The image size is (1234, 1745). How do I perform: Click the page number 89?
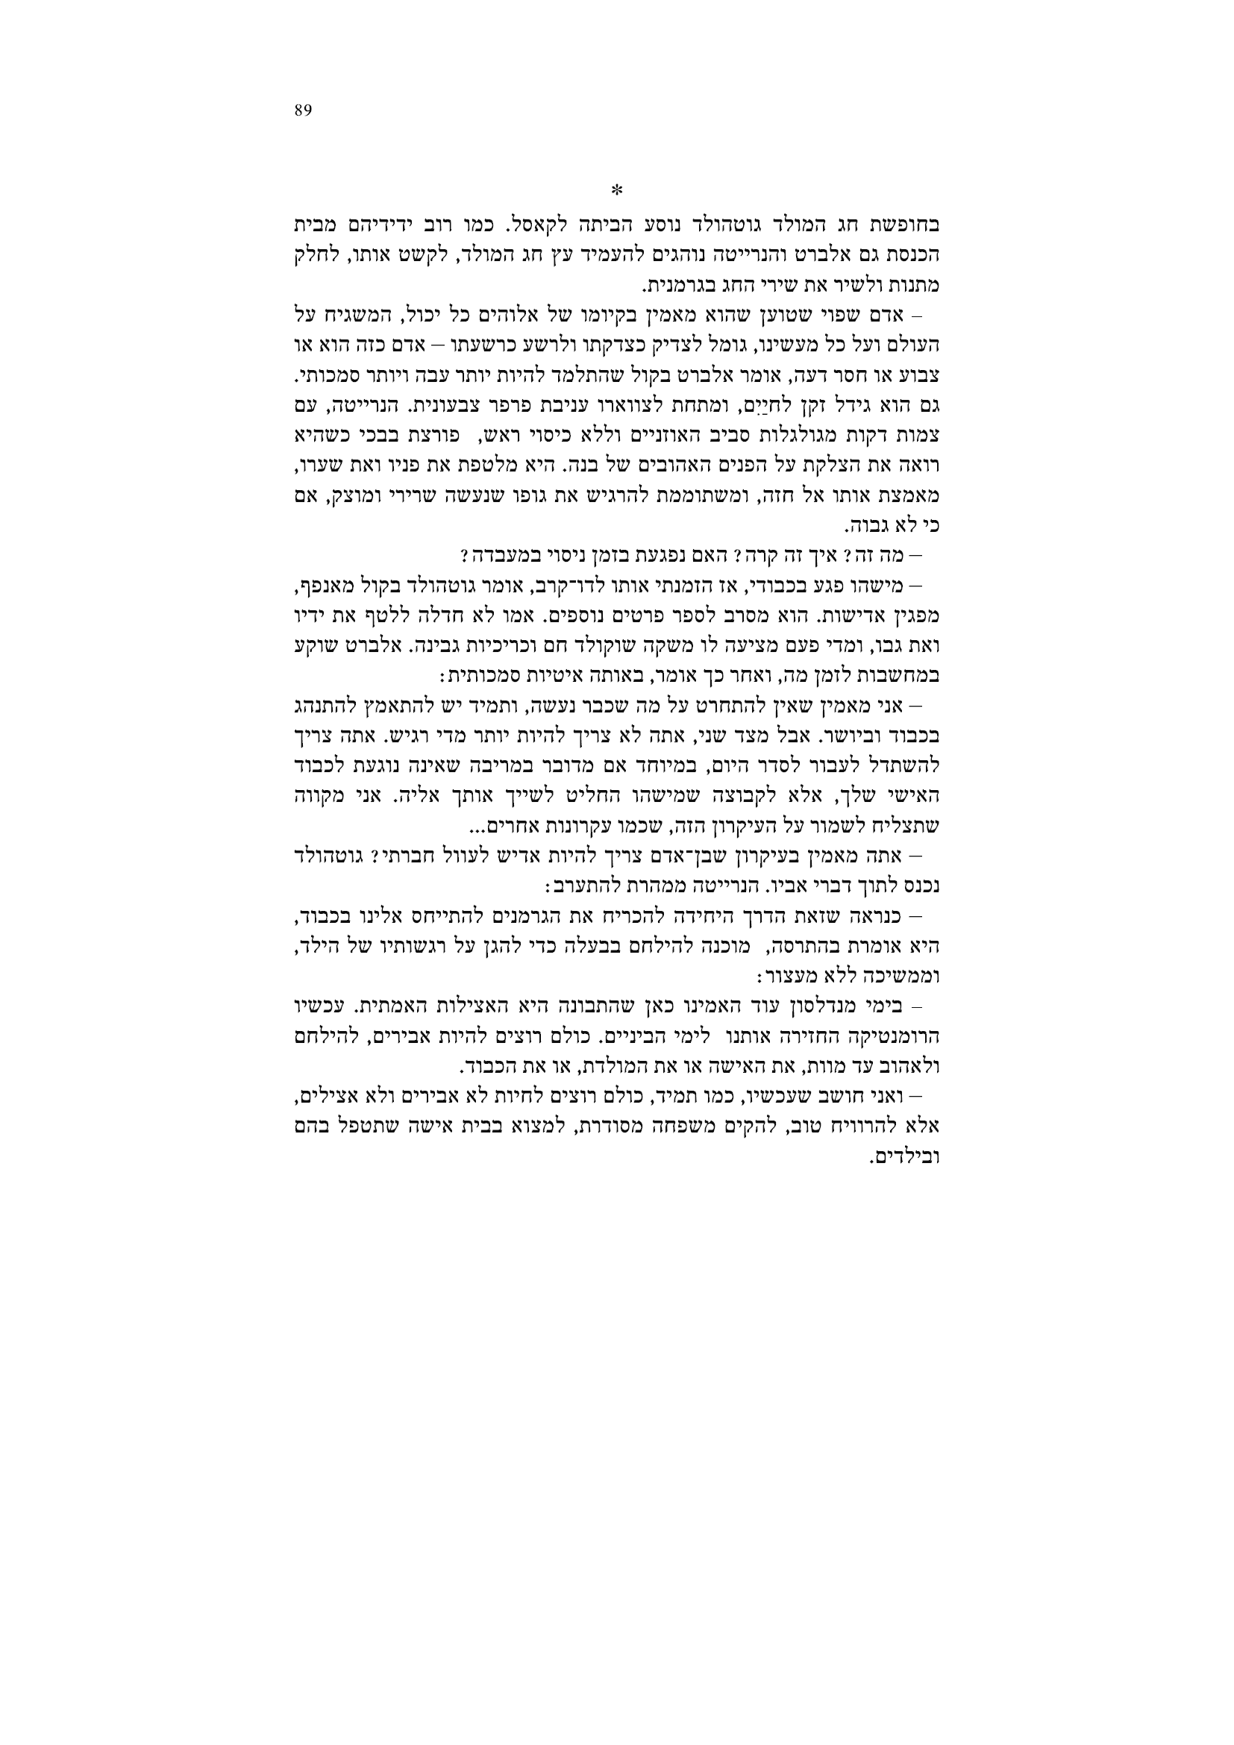click(x=302, y=111)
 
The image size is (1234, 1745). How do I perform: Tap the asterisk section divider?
click(x=617, y=189)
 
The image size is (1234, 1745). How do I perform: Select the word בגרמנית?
click(x=672, y=286)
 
